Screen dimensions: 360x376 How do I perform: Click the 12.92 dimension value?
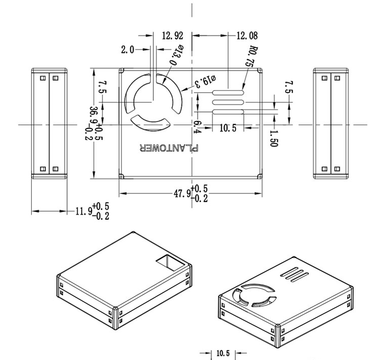(x=172, y=36)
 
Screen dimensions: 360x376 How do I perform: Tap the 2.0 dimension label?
(x=128, y=49)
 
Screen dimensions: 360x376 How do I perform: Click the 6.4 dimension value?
(x=197, y=126)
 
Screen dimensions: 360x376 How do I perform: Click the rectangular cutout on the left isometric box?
(x=168, y=263)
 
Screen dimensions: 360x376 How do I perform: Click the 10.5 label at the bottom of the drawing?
(x=223, y=353)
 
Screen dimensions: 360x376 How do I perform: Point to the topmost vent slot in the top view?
(x=228, y=92)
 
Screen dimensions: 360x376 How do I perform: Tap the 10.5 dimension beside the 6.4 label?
(x=228, y=128)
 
